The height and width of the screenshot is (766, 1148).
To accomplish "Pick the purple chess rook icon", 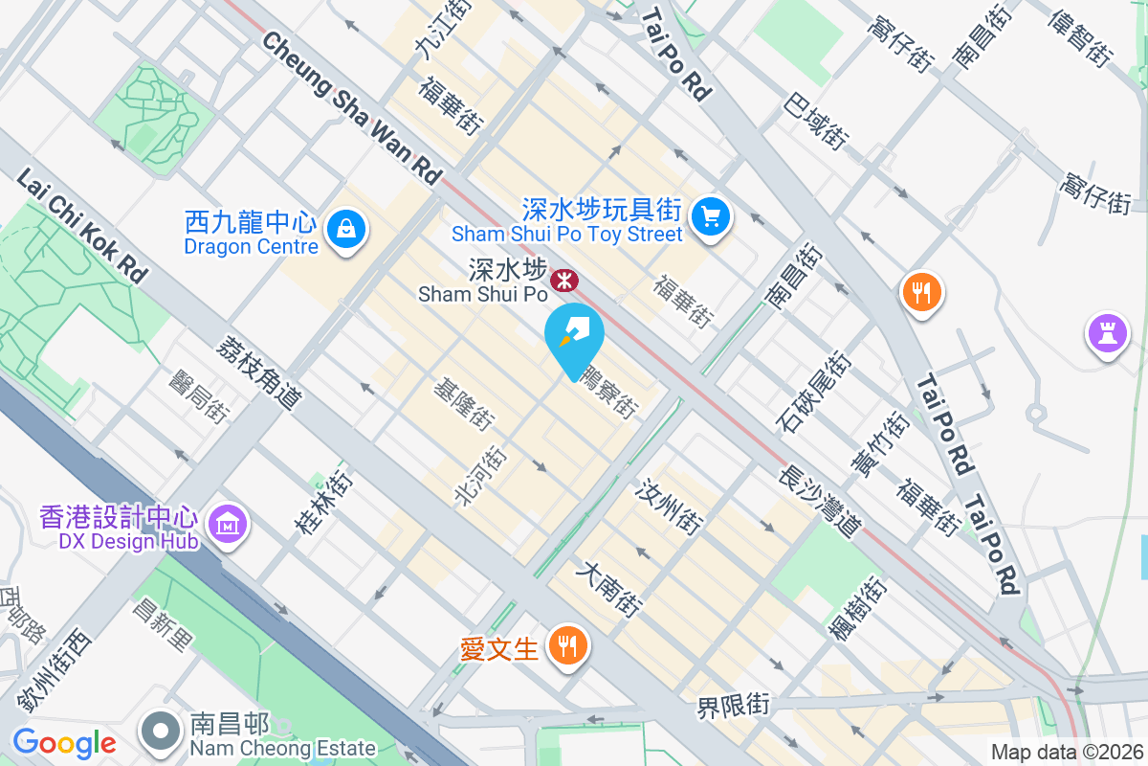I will (1107, 333).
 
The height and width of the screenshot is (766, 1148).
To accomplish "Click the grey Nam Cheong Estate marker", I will (161, 732).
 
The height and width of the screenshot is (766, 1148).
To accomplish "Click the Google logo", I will (64, 742).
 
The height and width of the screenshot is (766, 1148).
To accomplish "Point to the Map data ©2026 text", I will (1066, 752).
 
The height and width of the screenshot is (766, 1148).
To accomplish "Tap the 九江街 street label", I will (444, 28).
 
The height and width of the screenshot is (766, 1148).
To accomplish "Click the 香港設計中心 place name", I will (120, 518).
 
